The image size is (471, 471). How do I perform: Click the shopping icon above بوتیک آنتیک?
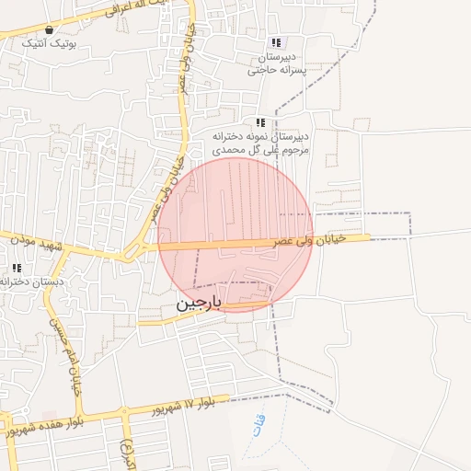(49, 29)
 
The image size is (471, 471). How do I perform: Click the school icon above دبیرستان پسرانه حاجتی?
(275, 42)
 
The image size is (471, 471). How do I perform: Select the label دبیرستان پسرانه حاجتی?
(280, 63)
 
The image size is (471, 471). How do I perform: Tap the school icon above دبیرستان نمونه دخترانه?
(261, 122)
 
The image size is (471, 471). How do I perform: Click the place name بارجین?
(199, 304)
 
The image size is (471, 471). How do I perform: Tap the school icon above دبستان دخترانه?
(17, 268)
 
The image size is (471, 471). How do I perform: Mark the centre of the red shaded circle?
(235, 235)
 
